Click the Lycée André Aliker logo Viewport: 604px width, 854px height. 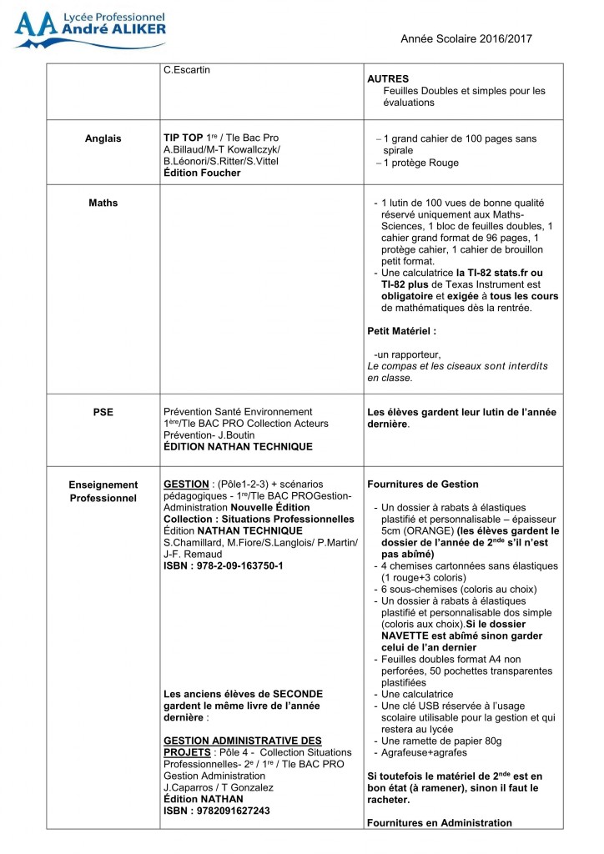click(x=89, y=28)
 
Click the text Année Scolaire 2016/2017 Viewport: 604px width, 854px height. click(x=466, y=39)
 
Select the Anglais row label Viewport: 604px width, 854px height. click(x=103, y=138)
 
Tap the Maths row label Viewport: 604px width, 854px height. click(x=103, y=203)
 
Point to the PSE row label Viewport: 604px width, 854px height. click(x=103, y=412)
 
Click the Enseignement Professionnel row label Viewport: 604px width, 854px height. click(x=103, y=491)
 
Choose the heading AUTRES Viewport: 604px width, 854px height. click(x=388, y=78)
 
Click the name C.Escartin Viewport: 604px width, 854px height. click(x=187, y=70)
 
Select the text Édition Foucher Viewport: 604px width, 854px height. click(x=202, y=173)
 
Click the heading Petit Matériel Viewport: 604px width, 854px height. click(x=401, y=331)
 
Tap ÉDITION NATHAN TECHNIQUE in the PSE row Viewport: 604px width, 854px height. click(x=238, y=446)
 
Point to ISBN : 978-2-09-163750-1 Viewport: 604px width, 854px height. click(x=223, y=565)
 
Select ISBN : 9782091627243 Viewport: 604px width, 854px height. click(x=216, y=810)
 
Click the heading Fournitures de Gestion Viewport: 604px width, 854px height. click(x=423, y=485)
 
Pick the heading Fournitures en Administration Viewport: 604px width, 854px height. click(x=440, y=823)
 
